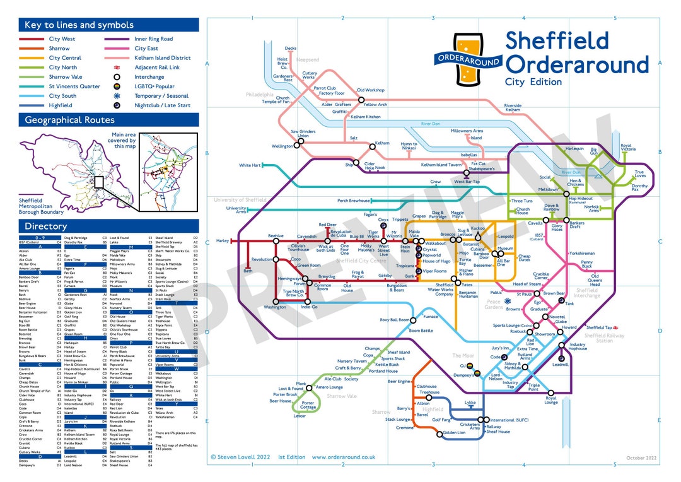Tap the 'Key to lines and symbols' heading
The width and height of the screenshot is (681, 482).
79,25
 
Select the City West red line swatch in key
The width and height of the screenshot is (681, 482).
31,39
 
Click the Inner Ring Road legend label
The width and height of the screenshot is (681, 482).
153,39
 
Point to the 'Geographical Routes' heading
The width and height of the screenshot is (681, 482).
69,120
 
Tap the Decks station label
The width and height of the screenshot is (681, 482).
290,49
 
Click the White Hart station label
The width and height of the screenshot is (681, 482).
250,165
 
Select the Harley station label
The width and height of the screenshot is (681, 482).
223,241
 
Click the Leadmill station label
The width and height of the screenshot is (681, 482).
561,365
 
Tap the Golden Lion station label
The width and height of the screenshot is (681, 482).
454,433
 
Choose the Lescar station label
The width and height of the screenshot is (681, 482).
300,416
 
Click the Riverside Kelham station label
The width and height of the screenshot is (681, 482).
513,108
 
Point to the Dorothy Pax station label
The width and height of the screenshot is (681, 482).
639,188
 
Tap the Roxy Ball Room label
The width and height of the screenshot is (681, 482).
394,320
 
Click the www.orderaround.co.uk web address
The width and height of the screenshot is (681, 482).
344,457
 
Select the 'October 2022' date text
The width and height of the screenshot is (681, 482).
641,457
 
